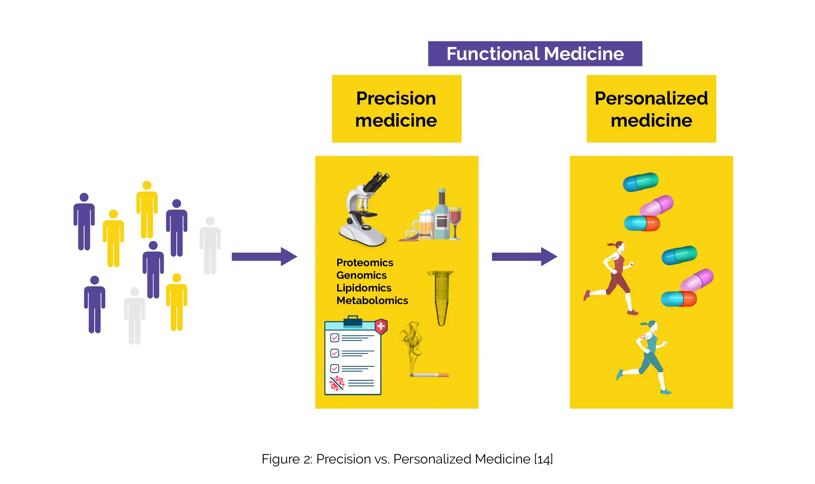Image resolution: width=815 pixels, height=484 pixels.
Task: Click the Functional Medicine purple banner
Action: click(535, 54)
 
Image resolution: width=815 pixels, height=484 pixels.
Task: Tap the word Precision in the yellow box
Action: click(396, 98)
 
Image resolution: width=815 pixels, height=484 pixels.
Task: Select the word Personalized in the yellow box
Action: click(651, 98)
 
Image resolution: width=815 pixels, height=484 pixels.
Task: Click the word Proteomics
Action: click(365, 263)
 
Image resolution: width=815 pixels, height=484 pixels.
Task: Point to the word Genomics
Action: click(361, 275)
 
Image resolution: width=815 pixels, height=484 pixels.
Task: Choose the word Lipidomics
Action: click(364, 288)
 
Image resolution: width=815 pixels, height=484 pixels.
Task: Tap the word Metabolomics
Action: click(372, 300)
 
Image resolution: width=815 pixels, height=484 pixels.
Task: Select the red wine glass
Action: click(455, 220)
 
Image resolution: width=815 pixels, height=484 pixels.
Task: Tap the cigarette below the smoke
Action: click(429, 375)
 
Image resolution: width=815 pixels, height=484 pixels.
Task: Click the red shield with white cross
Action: click(381, 326)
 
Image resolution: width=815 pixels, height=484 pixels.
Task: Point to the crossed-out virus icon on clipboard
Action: click(337, 383)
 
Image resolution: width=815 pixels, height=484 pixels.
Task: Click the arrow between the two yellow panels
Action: click(524, 257)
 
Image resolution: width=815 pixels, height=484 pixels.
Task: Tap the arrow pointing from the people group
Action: click(264, 257)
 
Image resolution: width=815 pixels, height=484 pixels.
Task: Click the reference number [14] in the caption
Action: click(543, 459)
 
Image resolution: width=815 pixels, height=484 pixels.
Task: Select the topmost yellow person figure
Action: click(147, 209)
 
